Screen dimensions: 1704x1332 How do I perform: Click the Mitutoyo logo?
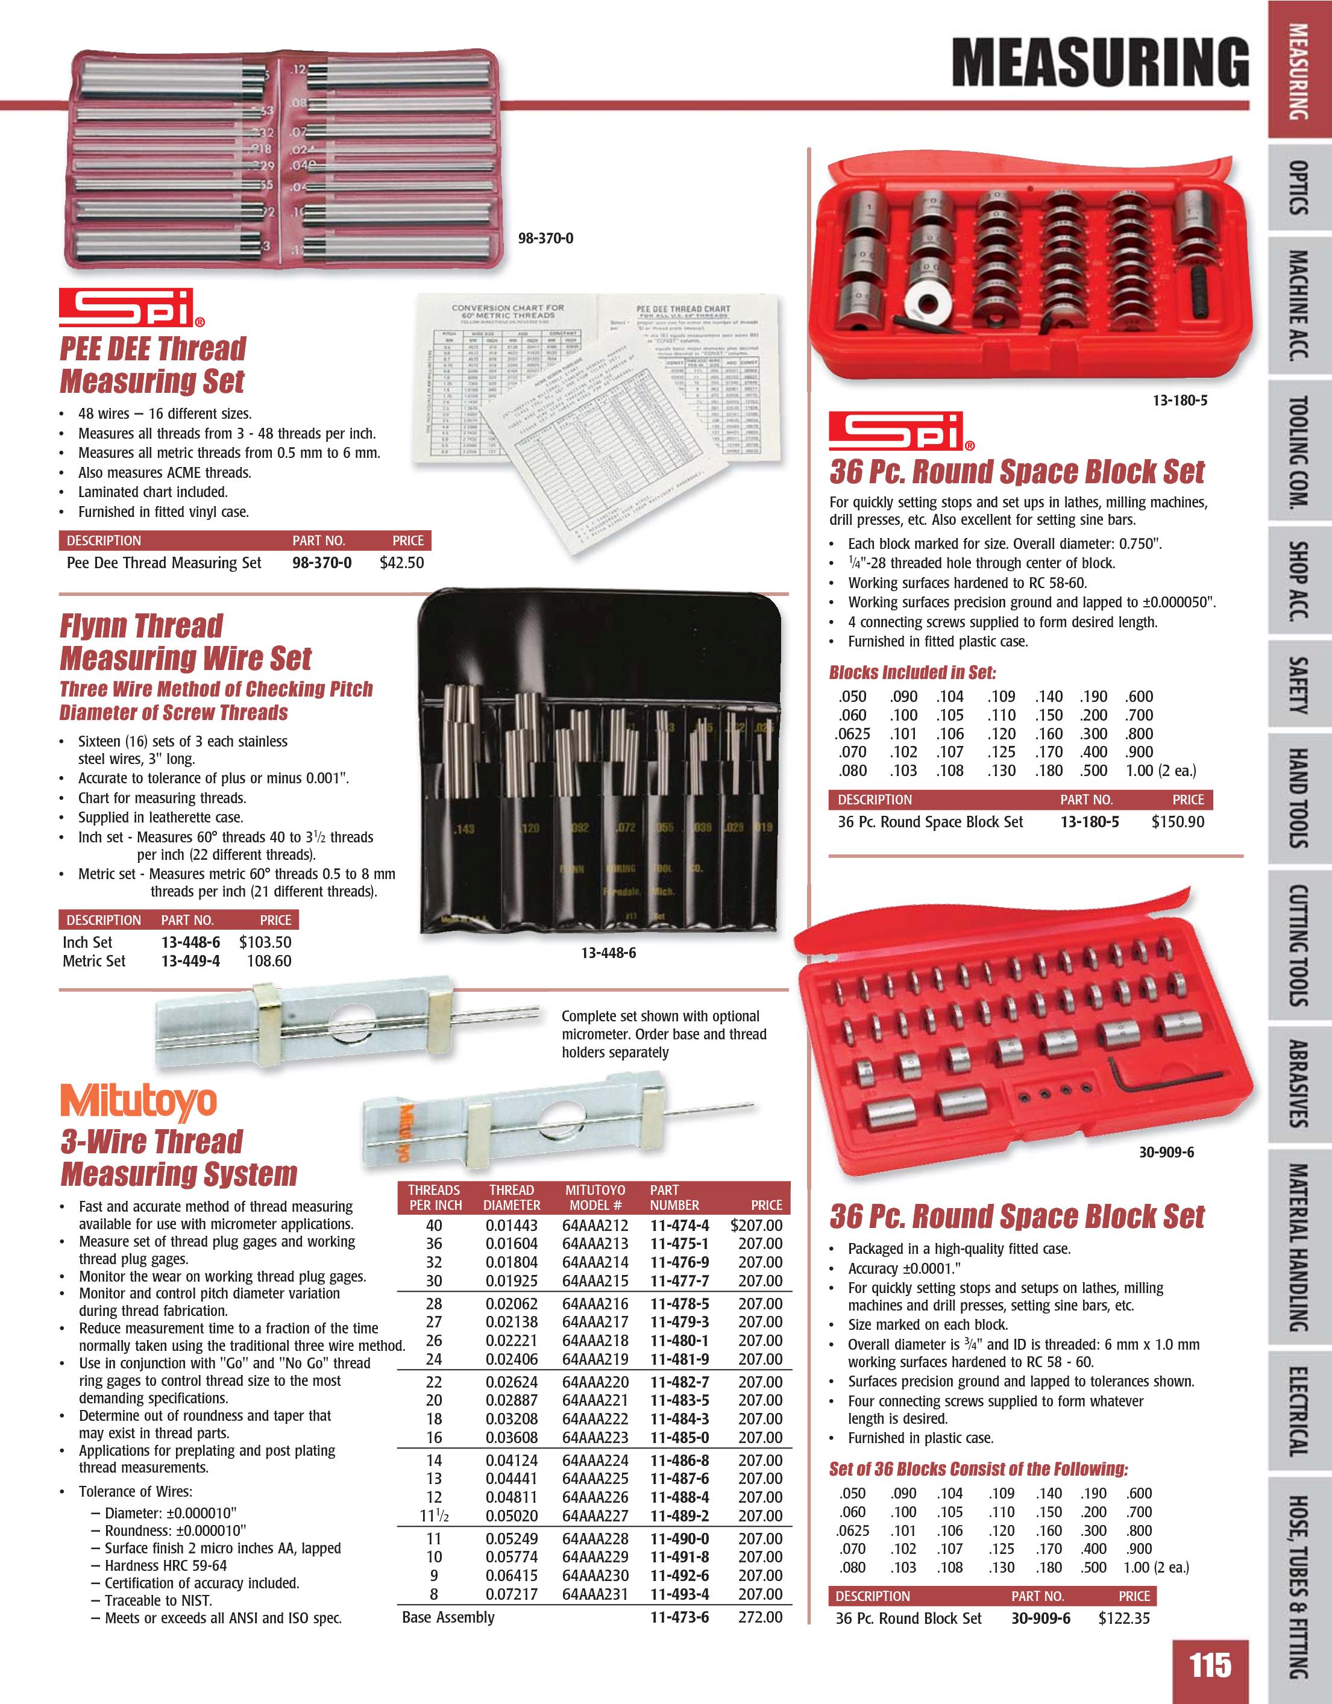click(x=138, y=1101)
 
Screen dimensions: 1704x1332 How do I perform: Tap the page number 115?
click(x=1210, y=1665)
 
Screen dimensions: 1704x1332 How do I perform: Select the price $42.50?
click(x=401, y=563)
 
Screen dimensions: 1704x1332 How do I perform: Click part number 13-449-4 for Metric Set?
click(x=190, y=961)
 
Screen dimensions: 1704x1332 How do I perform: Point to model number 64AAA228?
click(x=595, y=1538)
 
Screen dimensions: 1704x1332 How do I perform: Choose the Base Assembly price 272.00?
click(x=760, y=1617)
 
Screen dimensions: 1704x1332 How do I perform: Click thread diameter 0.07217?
click(x=511, y=1594)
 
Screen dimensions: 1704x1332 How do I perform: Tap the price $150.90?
click(x=1178, y=822)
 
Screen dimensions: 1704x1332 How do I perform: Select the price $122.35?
click(x=1123, y=1618)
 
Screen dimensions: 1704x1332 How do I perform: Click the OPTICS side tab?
click(x=1298, y=187)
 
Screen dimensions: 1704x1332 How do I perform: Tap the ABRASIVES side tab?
click(x=1298, y=1084)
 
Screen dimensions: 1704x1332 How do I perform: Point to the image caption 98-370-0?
click(x=545, y=238)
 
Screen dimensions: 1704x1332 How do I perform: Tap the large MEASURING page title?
click(x=1099, y=63)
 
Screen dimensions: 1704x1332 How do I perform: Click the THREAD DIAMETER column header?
click(x=511, y=1197)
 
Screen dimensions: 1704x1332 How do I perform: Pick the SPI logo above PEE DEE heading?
click(x=131, y=307)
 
